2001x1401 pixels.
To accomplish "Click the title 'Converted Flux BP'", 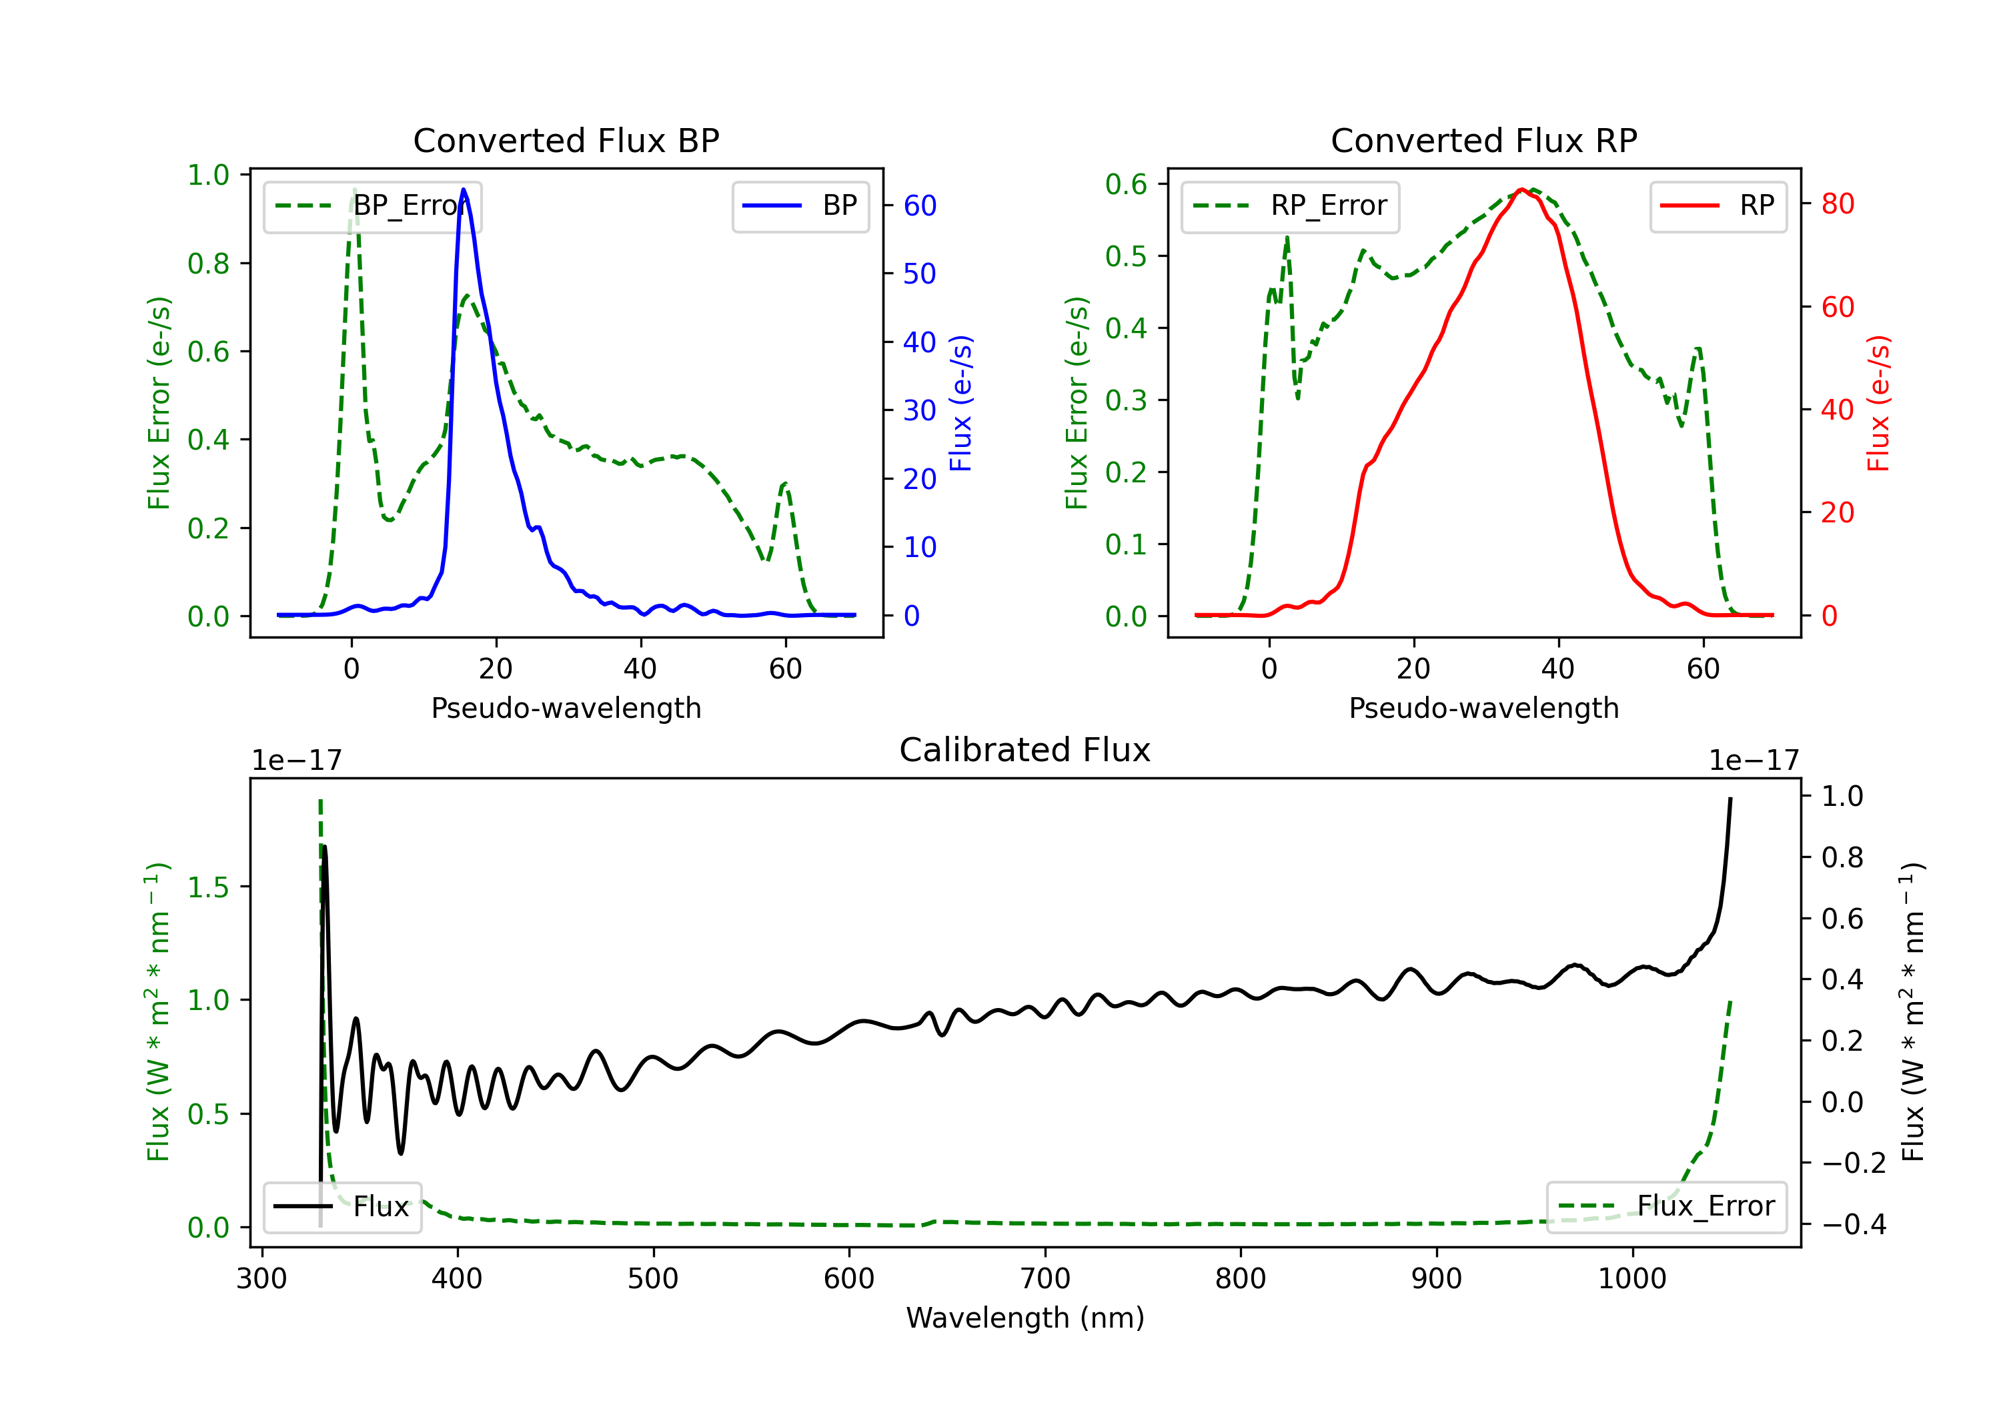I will click(x=566, y=140).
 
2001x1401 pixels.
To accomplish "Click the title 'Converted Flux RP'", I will click(x=1483, y=140).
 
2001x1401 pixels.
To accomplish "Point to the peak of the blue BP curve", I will click(x=464, y=190).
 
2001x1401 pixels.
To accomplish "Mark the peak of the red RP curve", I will click(x=1521, y=190).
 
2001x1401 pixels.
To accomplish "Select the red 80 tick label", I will click(x=1837, y=204).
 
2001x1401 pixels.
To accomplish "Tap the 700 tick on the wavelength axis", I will click(x=1045, y=1279).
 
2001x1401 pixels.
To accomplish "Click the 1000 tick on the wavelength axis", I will click(x=1632, y=1279).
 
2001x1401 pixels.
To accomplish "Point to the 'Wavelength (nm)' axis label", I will click(x=1025, y=1318).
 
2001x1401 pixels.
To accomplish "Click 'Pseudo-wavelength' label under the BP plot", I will click(x=566, y=708).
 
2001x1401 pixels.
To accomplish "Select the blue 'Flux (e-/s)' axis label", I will click(x=960, y=403).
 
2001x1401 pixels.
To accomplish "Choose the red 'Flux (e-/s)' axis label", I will click(x=1878, y=403).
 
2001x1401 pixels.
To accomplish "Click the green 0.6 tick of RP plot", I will click(x=1126, y=184).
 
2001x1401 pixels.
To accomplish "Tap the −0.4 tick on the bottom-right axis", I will click(x=1854, y=1224).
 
